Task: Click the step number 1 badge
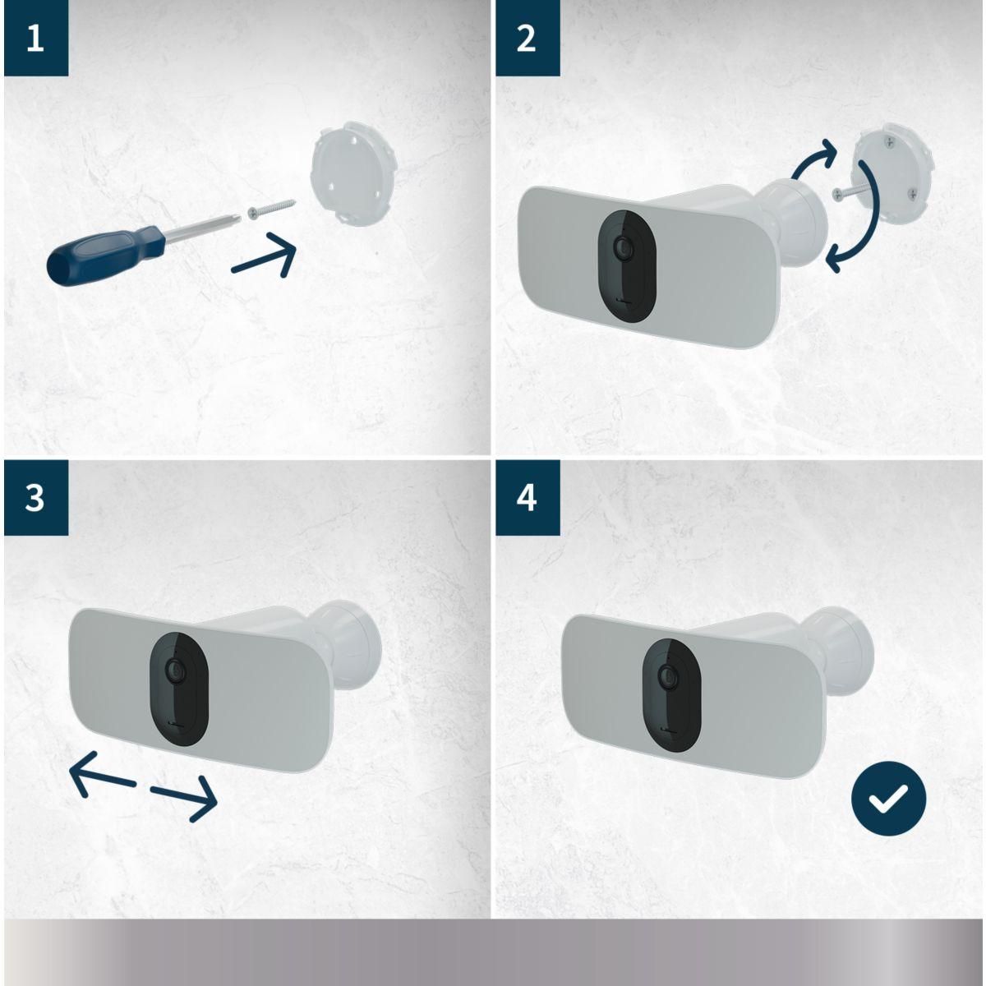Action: [36, 38]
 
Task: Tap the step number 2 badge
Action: [528, 38]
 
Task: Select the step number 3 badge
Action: [36, 497]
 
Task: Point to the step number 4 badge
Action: [528, 497]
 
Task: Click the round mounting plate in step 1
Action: [354, 174]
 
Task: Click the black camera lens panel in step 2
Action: [627, 265]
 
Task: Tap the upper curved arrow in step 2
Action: [814, 156]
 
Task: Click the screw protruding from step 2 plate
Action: [850, 192]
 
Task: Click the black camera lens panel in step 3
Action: [179, 689]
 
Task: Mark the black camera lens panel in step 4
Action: [671, 695]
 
